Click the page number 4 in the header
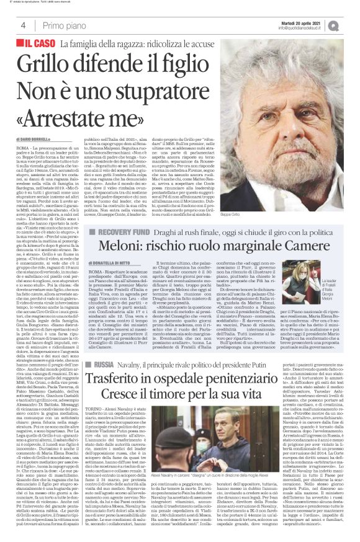23,25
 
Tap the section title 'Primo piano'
61,25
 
